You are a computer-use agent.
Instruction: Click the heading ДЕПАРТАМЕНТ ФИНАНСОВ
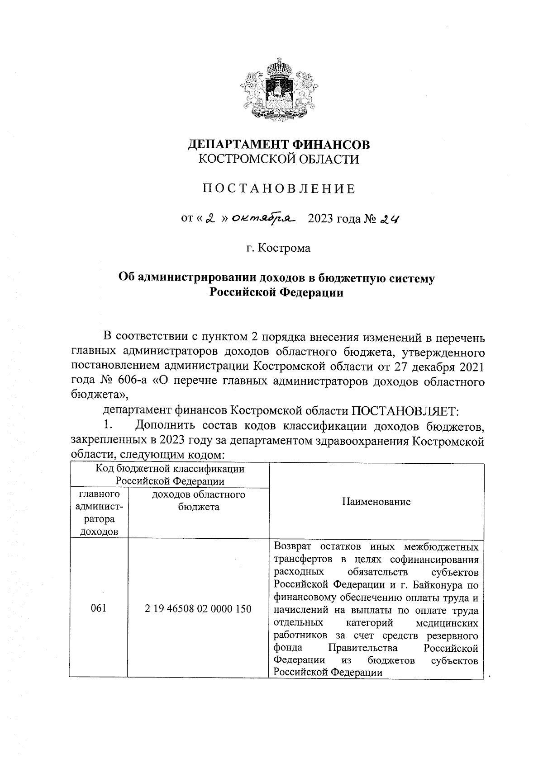[279, 145]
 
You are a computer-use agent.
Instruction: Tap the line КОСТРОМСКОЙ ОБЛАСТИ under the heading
[279, 159]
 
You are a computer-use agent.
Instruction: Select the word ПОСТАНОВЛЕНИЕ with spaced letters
[279, 189]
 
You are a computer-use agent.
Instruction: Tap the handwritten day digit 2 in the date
[209, 219]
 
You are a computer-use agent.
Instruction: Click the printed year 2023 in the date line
[320, 219]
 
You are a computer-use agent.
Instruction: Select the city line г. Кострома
[279, 248]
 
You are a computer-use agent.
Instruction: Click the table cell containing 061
[98, 608]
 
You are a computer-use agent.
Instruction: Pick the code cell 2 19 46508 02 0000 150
[198, 608]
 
